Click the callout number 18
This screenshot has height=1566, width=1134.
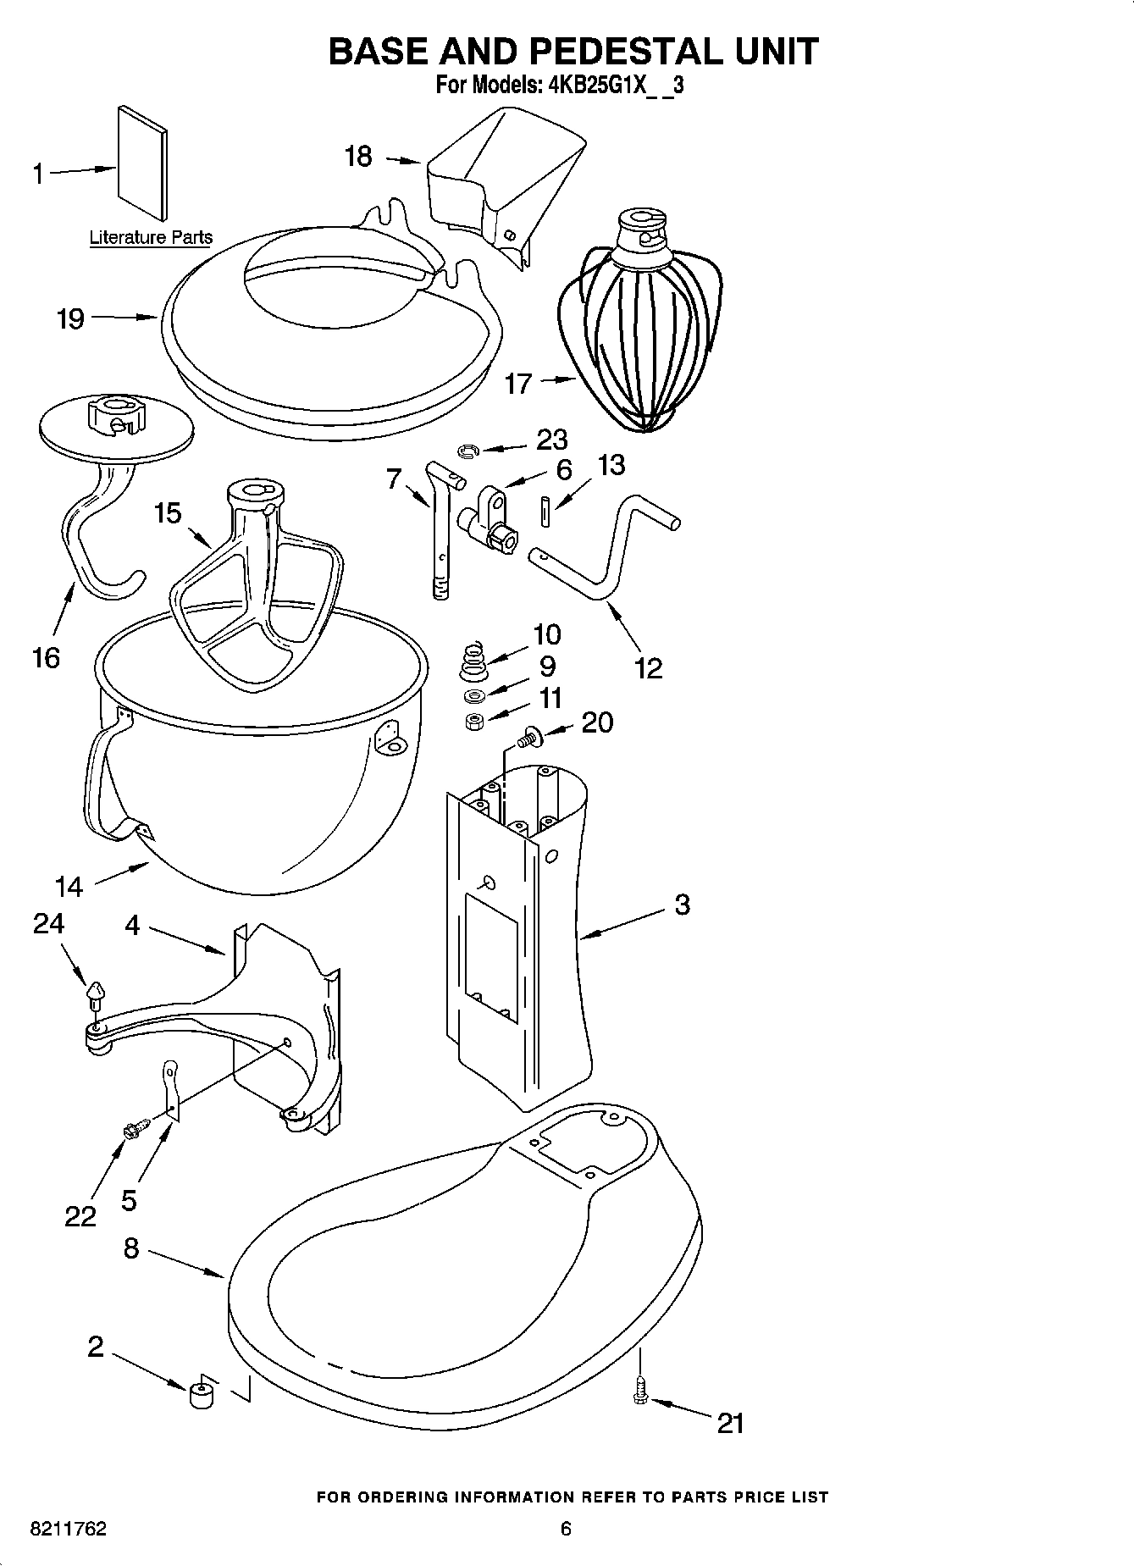359,157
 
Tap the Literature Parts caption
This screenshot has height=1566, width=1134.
151,238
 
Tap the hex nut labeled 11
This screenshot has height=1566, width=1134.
474,722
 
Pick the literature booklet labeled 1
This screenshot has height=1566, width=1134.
142,163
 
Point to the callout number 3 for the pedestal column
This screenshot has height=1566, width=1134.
683,905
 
